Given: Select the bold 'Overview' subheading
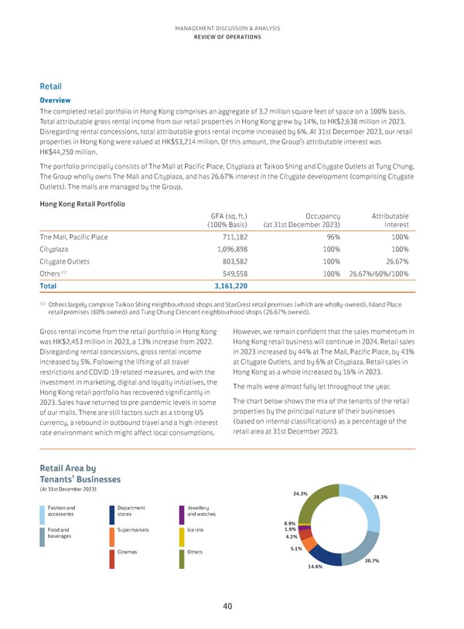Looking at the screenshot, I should (55, 100).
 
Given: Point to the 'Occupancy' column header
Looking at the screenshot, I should (322, 195).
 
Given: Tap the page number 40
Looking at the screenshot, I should (227, 607).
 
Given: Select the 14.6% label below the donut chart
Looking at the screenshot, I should (315, 566).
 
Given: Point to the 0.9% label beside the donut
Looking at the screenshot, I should (290, 522).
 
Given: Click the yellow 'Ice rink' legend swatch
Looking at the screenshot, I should (181, 535).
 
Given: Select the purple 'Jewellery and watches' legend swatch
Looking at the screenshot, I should (181, 513).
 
